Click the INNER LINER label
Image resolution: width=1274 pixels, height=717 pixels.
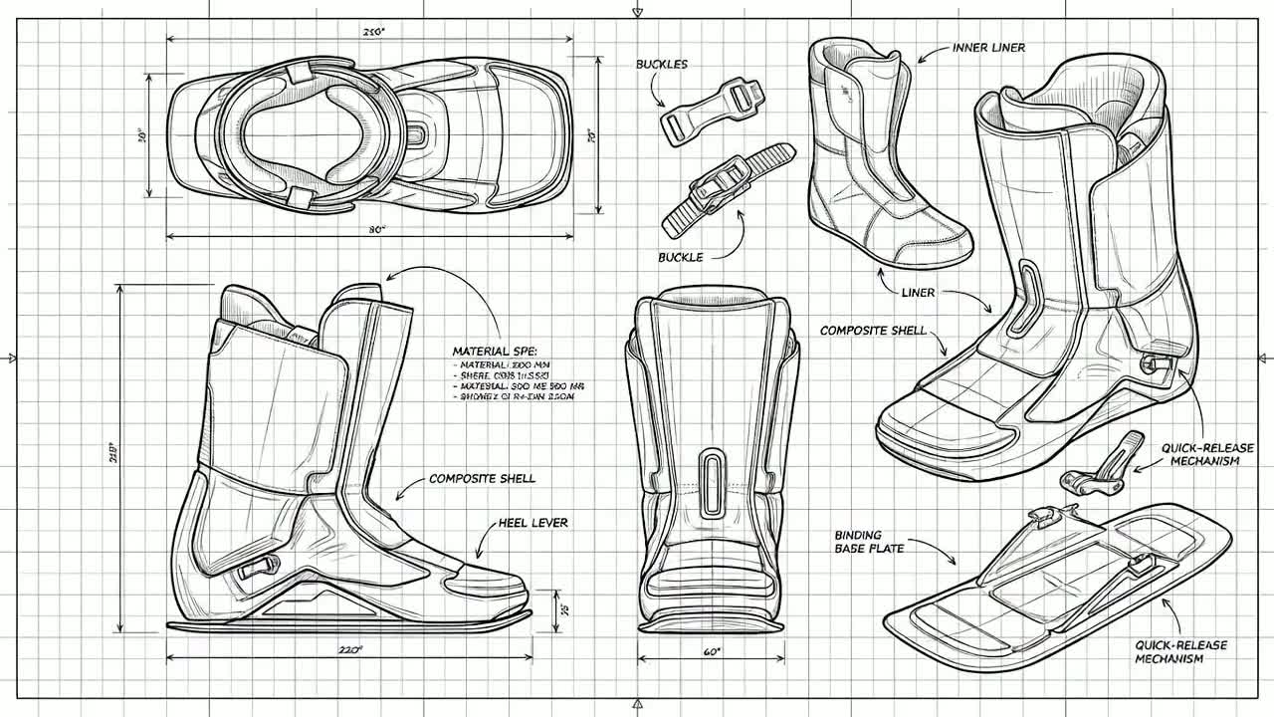point(988,48)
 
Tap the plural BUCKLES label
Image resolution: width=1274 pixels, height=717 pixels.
point(662,65)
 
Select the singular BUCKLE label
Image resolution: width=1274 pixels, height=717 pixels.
point(681,258)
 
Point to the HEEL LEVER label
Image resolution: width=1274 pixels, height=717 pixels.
point(532,523)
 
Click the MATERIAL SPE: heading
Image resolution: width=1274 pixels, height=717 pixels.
point(495,352)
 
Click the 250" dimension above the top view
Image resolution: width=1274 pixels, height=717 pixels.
point(374,31)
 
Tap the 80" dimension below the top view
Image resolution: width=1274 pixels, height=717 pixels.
point(376,230)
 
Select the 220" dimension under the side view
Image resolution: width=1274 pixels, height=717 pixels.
point(348,650)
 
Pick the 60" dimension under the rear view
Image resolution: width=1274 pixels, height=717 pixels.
point(712,652)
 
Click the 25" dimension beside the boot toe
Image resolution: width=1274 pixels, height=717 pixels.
point(563,609)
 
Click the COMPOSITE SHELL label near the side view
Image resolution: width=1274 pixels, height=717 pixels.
point(483,479)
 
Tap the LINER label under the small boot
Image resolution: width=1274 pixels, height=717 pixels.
point(918,293)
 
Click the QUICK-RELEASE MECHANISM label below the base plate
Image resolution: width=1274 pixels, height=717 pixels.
point(1168,652)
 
